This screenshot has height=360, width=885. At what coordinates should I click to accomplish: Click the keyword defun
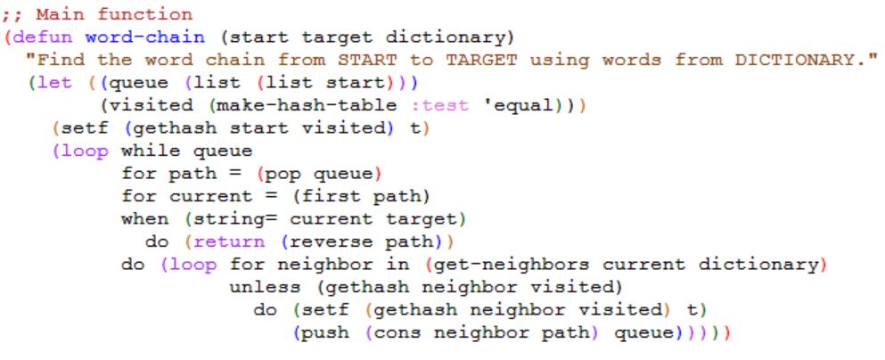point(42,37)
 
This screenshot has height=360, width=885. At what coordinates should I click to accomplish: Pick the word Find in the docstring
point(59,61)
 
